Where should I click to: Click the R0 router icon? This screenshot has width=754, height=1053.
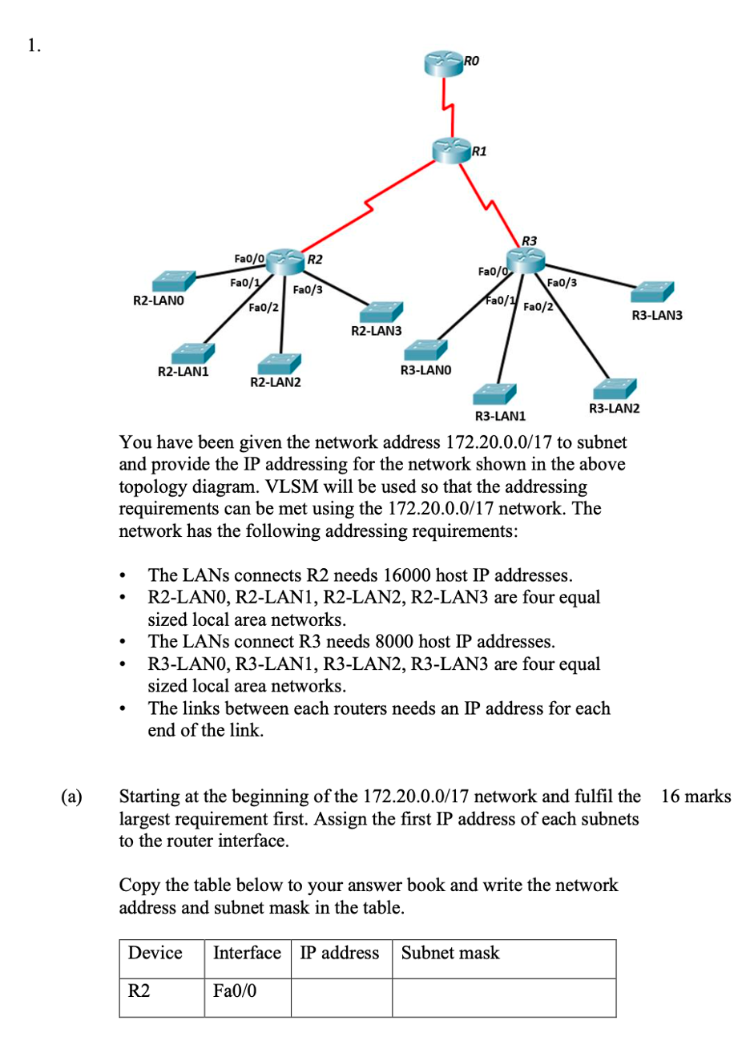[x=445, y=63]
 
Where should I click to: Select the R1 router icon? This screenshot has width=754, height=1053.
[x=451, y=149]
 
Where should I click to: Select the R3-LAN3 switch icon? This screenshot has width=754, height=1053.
[x=655, y=292]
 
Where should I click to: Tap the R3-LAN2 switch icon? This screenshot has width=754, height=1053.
[x=615, y=389]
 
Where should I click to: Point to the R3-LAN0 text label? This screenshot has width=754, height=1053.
[x=425, y=370]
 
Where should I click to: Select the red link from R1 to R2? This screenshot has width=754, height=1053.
[x=369, y=208]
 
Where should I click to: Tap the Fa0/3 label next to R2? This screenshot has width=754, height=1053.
[x=308, y=289]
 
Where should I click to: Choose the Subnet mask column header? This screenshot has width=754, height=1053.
[x=450, y=953]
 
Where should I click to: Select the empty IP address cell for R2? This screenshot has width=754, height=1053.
[x=341, y=997]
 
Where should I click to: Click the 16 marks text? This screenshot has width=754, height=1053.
[x=696, y=797]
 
